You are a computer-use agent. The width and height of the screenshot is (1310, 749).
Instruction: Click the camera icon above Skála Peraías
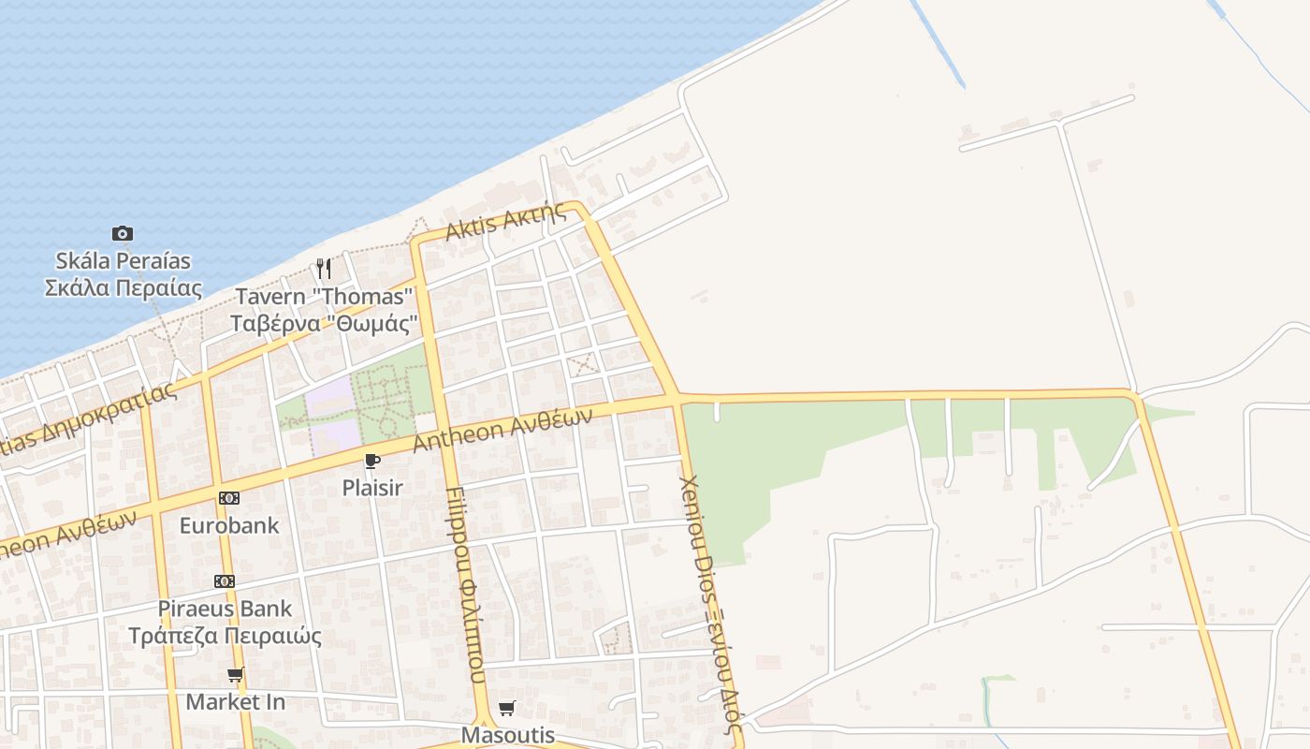click(x=123, y=233)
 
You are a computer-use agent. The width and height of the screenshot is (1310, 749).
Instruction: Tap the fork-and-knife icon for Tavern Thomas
click(x=324, y=269)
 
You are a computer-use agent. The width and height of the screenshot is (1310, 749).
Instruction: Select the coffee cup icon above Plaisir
click(x=372, y=461)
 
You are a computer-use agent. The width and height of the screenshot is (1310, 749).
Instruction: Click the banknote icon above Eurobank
click(x=229, y=498)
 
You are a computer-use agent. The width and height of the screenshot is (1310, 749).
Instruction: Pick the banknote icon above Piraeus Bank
click(x=225, y=581)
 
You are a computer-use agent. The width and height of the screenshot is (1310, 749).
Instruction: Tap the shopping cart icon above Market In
click(x=236, y=674)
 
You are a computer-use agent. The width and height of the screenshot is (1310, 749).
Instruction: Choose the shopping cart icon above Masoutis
click(x=507, y=708)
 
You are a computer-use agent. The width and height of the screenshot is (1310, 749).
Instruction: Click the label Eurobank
click(x=229, y=525)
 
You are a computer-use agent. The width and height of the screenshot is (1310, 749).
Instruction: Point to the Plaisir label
click(x=372, y=488)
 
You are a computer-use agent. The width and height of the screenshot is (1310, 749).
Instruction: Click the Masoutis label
click(x=508, y=735)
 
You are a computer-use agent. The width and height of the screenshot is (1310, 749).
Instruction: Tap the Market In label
click(x=236, y=701)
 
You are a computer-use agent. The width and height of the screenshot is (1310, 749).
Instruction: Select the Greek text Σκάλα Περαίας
click(x=123, y=287)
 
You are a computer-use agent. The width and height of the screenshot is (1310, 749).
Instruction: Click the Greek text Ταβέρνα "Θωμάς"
click(x=324, y=324)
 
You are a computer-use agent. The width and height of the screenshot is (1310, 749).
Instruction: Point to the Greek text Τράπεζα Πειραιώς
click(x=225, y=637)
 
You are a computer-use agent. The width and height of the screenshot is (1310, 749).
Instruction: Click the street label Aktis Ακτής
click(x=505, y=222)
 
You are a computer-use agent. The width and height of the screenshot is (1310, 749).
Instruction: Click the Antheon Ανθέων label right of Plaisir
click(x=502, y=430)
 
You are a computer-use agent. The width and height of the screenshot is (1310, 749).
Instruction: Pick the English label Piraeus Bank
click(x=225, y=609)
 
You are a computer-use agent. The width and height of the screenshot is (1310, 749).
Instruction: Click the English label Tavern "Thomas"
click(x=324, y=297)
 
